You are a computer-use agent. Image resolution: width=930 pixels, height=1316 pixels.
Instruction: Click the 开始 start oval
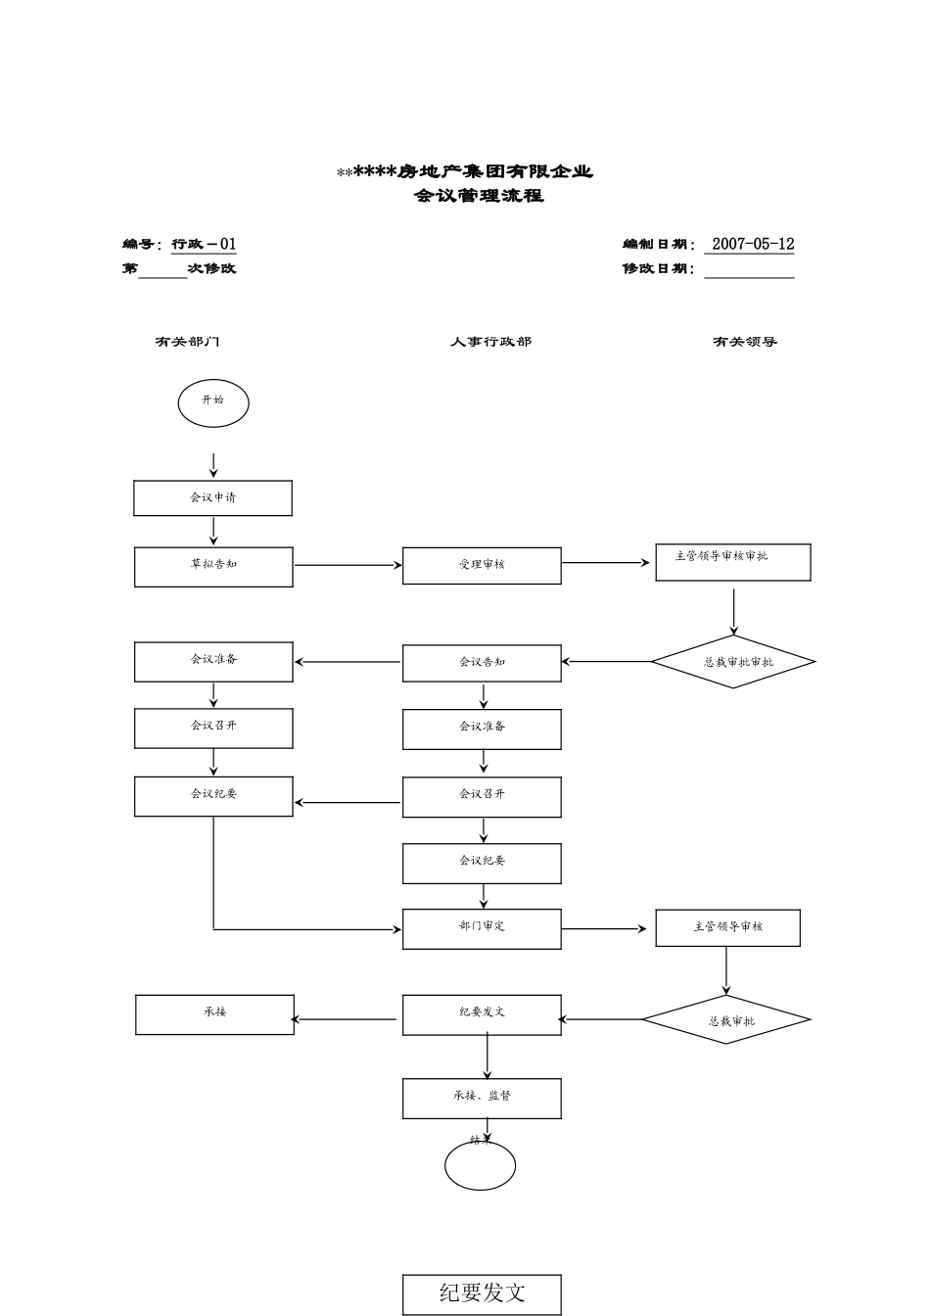[x=213, y=403]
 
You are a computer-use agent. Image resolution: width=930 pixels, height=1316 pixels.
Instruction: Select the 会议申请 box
[x=212, y=497]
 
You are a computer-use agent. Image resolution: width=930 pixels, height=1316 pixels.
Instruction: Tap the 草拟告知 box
[x=213, y=567]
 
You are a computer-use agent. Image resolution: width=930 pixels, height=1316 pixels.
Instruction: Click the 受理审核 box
[x=482, y=566]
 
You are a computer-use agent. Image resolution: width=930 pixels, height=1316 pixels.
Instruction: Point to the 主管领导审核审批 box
[x=733, y=562]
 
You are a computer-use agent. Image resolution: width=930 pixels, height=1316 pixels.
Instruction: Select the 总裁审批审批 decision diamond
[x=733, y=662]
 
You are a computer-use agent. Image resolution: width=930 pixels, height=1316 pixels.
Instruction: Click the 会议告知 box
[x=482, y=663]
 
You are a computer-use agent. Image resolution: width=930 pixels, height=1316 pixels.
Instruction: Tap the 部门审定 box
[x=482, y=928]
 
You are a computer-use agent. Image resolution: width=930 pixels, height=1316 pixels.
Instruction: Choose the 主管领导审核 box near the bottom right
[x=727, y=927]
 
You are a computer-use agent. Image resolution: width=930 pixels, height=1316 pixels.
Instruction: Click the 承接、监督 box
[x=482, y=1098]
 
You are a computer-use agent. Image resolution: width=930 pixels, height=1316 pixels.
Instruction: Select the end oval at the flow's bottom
[x=480, y=1165]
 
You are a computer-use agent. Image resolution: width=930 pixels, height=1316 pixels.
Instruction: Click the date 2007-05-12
[x=752, y=245]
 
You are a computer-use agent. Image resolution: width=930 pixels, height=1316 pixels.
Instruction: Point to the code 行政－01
[x=204, y=245]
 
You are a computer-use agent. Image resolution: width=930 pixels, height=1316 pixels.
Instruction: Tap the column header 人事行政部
[x=490, y=342]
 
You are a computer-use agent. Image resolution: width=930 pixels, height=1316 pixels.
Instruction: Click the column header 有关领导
[x=744, y=342]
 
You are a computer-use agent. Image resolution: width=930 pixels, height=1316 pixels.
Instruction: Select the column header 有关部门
[x=187, y=342]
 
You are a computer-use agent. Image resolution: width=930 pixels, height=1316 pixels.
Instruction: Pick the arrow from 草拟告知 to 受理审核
[x=348, y=565]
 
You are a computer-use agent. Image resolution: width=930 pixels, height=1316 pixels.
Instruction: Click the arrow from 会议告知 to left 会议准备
[x=348, y=662]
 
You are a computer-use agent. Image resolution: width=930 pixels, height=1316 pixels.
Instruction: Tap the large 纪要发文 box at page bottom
[x=482, y=1293]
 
